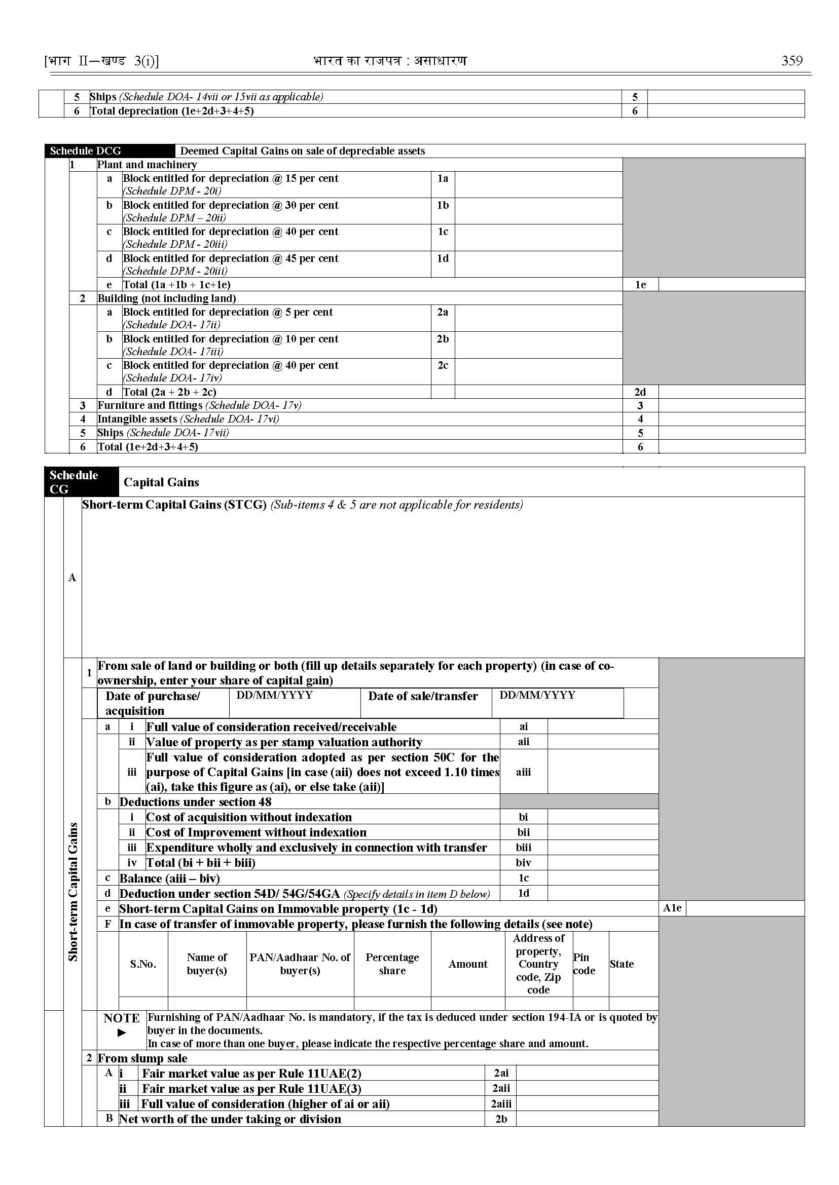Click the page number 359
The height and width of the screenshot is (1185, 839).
click(x=791, y=61)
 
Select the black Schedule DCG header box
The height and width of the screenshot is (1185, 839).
click(x=110, y=151)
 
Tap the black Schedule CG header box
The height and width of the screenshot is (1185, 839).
click(x=81, y=482)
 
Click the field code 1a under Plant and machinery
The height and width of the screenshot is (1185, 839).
click(x=443, y=179)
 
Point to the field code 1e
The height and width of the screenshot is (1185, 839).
click(x=640, y=285)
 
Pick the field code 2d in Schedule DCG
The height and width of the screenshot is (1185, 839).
click(x=640, y=392)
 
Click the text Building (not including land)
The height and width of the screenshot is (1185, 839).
click(x=166, y=298)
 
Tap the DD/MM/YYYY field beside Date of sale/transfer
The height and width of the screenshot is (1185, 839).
click(x=537, y=695)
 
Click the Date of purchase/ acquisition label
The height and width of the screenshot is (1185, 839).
click(x=153, y=703)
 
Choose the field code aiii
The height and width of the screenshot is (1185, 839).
click(x=523, y=772)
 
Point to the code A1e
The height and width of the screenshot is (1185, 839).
click(x=672, y=908)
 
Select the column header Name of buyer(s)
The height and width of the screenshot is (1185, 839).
click(x=207, y=964)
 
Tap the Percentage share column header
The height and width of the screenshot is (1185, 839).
click(x=392, y=964)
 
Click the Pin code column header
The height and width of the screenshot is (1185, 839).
click(x=584, y=964)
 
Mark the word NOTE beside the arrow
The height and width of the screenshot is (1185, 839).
click(x=121, y=1018)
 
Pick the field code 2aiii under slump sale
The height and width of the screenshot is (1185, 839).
click(x=500, y=1104)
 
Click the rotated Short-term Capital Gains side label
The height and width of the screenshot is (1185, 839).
click(x=73, y=891)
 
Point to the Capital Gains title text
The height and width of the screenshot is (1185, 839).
click(x=161, y=482)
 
